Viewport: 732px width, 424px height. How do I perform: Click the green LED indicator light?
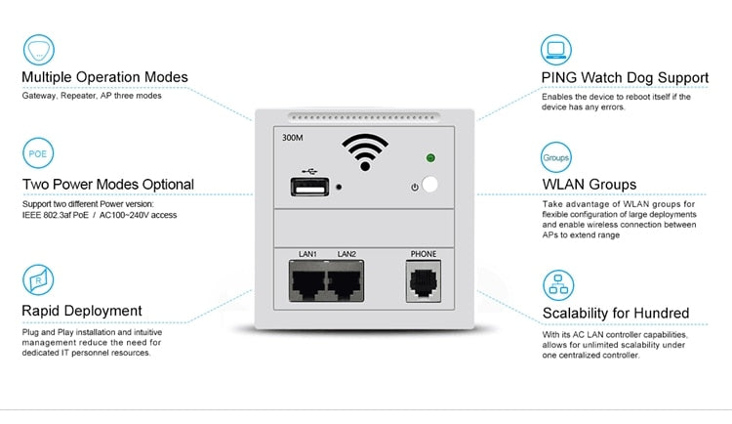pos(430,158)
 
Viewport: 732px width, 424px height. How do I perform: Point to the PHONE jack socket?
pos(424,281)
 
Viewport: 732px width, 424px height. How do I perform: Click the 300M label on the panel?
pos(292,138)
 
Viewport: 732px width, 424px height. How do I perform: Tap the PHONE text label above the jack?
pos(424,254)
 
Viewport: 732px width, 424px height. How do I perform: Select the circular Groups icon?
pos(555,156)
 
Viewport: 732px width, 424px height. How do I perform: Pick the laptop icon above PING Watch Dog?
pos(557,49)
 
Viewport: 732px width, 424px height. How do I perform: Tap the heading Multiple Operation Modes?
pos(105,77)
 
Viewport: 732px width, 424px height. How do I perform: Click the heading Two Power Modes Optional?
pos(108,184)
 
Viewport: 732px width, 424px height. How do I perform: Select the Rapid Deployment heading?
pos(82,311)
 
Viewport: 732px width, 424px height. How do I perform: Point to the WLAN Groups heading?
pos(590,184)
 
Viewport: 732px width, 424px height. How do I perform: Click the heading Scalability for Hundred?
pos(616,314)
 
